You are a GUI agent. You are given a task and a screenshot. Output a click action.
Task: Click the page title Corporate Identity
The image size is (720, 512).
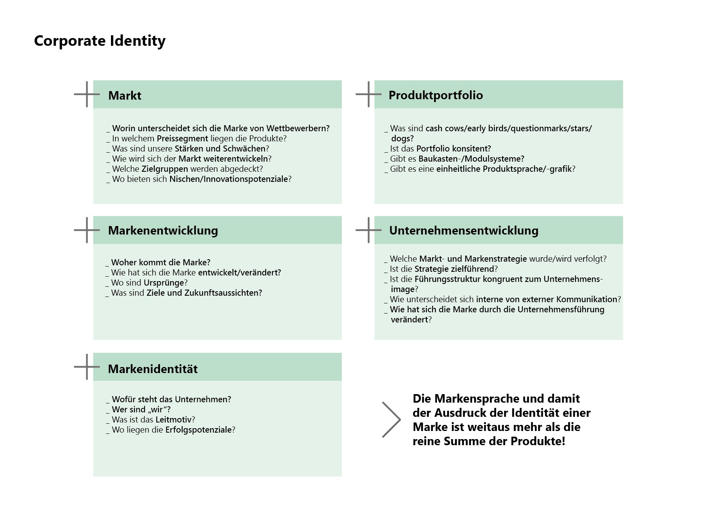coord(100,41)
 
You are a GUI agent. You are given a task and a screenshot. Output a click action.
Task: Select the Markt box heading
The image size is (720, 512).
coord(125,96)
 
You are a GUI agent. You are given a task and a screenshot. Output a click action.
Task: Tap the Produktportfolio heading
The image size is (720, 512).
coord(436,95)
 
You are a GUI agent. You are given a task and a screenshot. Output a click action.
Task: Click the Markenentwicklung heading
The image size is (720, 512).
coord(163,230)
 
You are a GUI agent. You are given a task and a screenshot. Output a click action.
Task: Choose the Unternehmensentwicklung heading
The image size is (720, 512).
coord(464,230)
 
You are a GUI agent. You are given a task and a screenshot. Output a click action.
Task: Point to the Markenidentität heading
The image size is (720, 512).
coord(153,369)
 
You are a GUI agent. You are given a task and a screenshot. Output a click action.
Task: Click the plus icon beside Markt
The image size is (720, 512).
coord(87,94)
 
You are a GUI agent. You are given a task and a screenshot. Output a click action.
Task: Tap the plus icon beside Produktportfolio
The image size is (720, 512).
coord(368,94)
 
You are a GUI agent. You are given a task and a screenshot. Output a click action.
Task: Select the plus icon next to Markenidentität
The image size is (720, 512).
coord(87,367)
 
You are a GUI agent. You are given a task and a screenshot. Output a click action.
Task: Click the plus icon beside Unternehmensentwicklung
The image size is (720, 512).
coord(368,230)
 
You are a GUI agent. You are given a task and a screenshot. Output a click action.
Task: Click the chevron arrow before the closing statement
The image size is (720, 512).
coord(391,420)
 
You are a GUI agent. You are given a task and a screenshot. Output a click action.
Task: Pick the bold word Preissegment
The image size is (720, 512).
coord(182,139)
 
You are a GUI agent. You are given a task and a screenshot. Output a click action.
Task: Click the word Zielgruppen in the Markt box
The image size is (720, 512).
coord(165,169)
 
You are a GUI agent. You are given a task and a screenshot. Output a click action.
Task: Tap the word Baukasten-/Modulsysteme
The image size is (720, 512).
coord(471,159)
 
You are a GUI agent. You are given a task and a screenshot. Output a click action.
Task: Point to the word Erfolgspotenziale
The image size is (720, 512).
coord(198,430)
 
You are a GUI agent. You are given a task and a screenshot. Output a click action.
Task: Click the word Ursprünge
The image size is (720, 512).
coord(164,283)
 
